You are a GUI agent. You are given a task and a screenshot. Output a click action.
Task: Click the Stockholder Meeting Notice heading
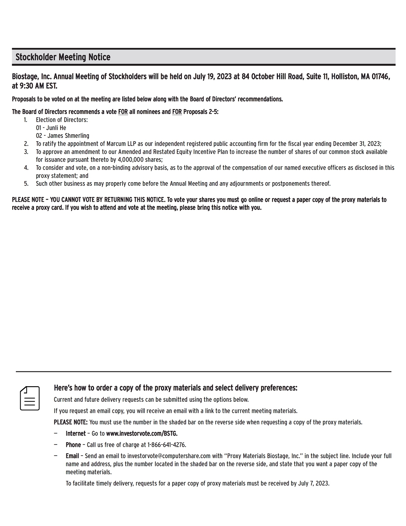click(63, 57)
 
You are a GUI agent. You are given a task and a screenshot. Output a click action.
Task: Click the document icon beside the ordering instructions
click(30, 398)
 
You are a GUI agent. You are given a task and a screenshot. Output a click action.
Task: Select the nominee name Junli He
click(56, 128)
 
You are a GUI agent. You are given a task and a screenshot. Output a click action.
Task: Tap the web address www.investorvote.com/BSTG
click(142, 433)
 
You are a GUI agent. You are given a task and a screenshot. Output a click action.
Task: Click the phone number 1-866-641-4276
click(166, 445)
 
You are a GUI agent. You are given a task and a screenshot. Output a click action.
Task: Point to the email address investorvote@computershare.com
click(169, 456)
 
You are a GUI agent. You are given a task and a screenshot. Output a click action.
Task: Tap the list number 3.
click(26, 152)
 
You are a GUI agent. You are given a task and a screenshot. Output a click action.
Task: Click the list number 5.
click(26, 184)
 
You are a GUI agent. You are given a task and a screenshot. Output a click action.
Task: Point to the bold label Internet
click(76, 433)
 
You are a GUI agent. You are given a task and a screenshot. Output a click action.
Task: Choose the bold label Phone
click(73, 445)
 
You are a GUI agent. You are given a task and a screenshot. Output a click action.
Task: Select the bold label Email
click(72, 456)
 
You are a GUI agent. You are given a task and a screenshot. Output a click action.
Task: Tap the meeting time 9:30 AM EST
click(38, 86)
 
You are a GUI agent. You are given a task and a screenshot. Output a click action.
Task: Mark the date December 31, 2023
click(357, 144)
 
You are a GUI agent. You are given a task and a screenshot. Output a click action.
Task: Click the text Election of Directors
click(62, 120)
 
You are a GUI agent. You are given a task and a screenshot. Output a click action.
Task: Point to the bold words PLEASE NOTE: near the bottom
click(70, 422)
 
